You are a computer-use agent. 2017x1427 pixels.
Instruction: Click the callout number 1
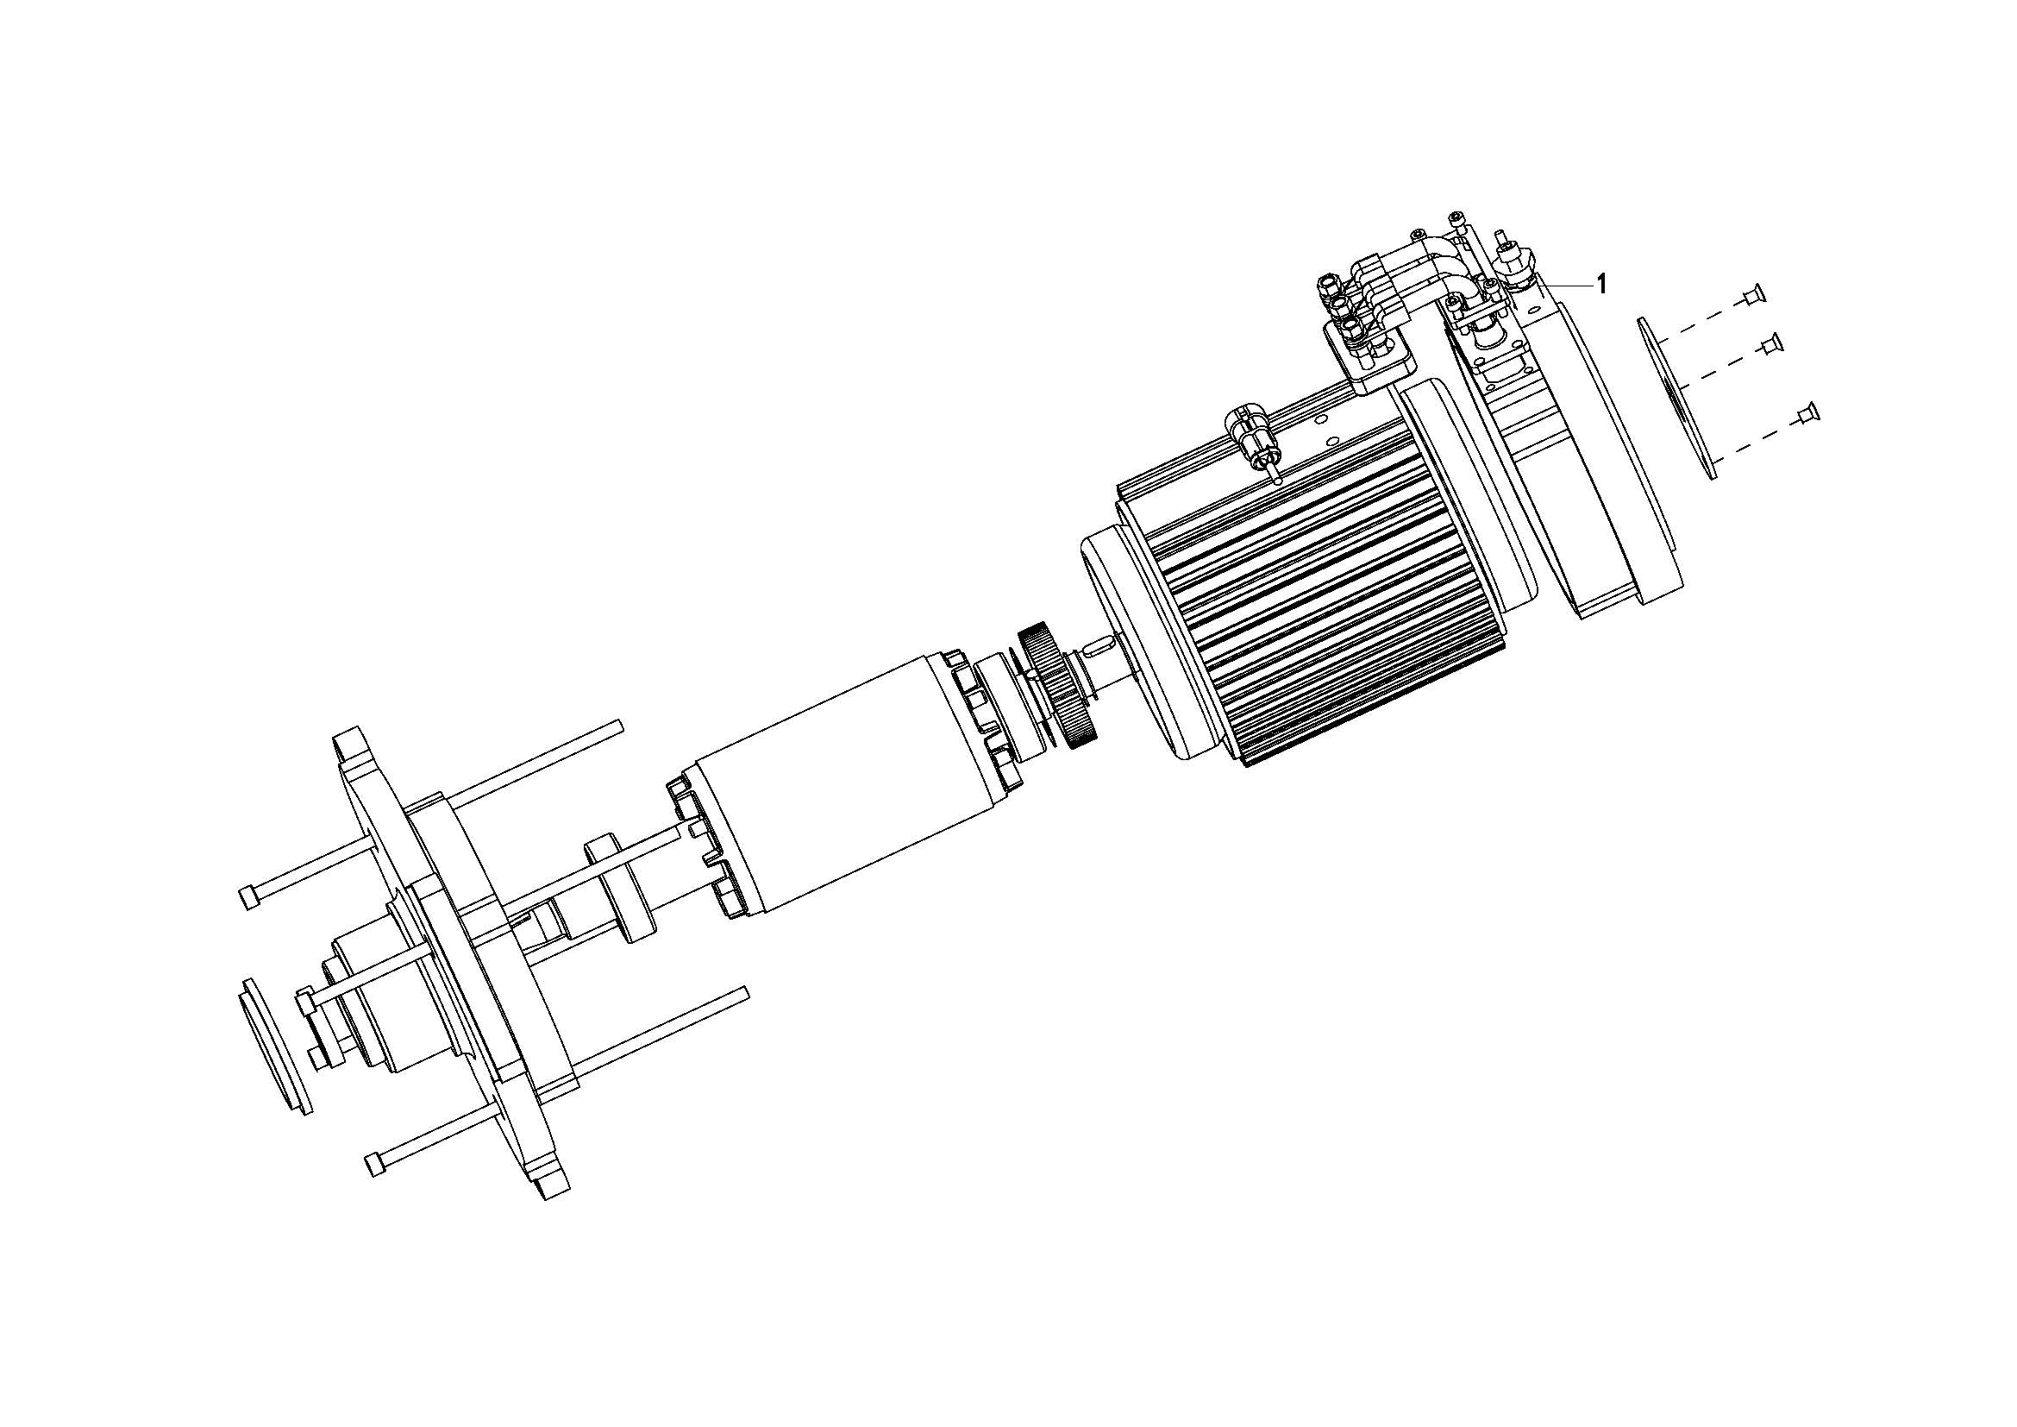[1602, 284]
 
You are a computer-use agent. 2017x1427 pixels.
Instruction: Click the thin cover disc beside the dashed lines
[1676, 399]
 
